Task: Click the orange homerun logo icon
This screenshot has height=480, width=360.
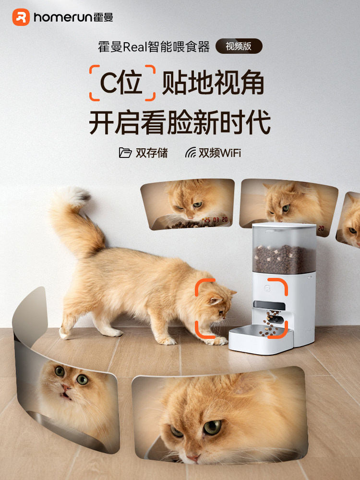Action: (x=21, y=17)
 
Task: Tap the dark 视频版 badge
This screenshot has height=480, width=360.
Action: (x=239, y=46)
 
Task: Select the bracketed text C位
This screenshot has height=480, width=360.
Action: (x=122, y=83)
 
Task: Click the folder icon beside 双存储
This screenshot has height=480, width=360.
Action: (x=125, y=153)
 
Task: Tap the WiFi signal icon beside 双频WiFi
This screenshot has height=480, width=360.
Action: (x=191, y=153)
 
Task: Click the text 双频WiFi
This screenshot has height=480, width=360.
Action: (x=220, y=153)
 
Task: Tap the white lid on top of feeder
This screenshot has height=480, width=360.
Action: (x=284, y=228)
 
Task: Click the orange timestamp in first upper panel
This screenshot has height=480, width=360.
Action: (x=214, y=220)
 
